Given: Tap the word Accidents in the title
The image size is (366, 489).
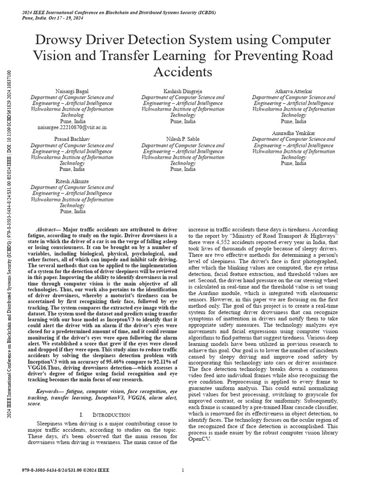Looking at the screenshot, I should (183, 72).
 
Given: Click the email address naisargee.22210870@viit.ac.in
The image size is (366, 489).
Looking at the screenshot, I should (72, 128).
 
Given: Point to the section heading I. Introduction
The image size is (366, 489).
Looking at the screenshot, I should (105, 415).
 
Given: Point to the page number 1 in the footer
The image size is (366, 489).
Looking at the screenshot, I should (183, 470).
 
